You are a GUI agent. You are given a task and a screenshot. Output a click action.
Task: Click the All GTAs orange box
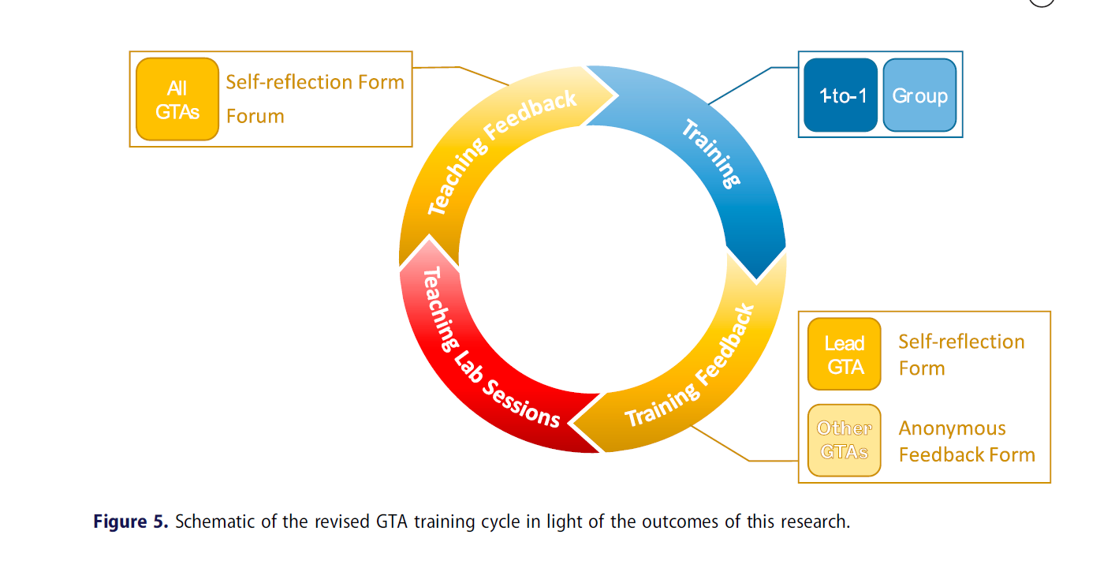(177, 99)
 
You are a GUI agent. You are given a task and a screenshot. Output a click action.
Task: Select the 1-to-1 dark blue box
(841, 95)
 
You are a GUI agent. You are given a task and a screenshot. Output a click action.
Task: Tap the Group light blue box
(919, 95)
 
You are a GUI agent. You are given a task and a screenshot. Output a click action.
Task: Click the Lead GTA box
(845, 354)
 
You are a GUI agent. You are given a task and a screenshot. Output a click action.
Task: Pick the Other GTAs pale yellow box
(845, 440)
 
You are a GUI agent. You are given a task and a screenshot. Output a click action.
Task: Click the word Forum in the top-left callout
(255, 117)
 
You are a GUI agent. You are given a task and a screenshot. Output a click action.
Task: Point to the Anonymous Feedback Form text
(966, 442)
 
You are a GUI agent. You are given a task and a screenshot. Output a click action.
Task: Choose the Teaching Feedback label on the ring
(502, 153)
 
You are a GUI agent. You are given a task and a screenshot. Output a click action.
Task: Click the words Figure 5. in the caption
(131, 521)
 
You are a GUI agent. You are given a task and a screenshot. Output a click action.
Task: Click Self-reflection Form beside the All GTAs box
(315, 82)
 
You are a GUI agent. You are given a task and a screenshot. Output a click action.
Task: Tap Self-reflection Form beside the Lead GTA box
(961, 354)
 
